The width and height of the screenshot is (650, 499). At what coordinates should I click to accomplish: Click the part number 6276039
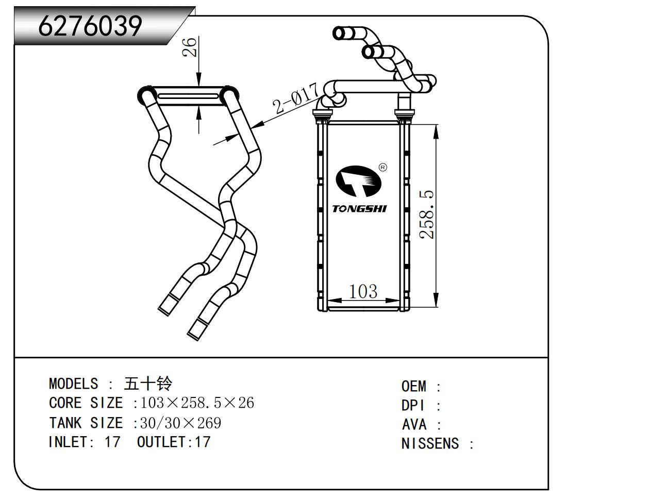tap(90, 25)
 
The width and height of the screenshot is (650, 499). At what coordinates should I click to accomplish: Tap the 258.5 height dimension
tap(427, 214)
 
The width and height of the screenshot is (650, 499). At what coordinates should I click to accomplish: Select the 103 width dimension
tap(363, 292)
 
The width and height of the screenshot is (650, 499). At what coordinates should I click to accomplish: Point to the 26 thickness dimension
tap(190, 47)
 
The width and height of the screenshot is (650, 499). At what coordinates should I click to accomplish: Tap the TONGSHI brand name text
tap(359, 209)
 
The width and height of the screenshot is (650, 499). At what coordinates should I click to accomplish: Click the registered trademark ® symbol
tap(383, 167)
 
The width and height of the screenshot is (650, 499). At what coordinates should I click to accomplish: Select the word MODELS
tap(73, 384)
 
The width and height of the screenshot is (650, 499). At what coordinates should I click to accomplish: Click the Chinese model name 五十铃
tap(148, 384)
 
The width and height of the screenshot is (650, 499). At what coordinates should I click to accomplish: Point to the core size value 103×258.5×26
tap(197, 403)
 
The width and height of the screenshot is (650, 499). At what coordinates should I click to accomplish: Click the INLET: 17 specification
tap(85, 442)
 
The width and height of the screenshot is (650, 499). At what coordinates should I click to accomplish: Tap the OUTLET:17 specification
tap(174, 442)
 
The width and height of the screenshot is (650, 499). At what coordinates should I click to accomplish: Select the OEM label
tap(414, 386)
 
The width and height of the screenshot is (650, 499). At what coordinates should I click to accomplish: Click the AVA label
tap(414, 425)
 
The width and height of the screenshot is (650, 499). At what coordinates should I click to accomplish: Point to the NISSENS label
tap(430, 443)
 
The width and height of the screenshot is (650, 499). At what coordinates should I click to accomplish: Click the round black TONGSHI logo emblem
tap(358, 182)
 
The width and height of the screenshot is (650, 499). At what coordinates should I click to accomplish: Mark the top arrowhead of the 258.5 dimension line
tap(437, 131)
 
